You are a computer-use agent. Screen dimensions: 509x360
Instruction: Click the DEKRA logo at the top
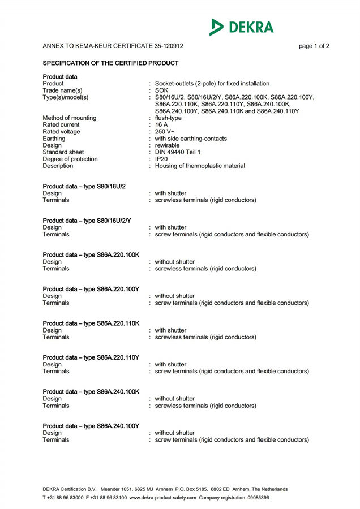click(242, 27)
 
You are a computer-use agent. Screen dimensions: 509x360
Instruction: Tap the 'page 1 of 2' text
click(314, 46)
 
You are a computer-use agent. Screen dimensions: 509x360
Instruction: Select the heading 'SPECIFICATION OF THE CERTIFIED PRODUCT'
click(111, 63)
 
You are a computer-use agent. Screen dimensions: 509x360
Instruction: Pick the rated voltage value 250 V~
click(165, 132)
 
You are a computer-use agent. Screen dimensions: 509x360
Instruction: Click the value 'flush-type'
click(168, 118)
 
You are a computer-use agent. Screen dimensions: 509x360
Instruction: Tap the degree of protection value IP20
click(161, 159)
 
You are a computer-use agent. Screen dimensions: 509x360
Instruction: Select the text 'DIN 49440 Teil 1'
click(177, 152)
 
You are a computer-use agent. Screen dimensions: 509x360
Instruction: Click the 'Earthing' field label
click(54, 139)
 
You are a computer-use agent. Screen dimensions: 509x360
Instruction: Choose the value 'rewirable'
click(168, 145)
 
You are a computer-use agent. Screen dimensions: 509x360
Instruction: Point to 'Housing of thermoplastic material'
click(200, 166)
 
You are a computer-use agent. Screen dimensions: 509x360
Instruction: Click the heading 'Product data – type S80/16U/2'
click(84, 187)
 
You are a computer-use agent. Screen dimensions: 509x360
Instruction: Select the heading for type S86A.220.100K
click(91, 255)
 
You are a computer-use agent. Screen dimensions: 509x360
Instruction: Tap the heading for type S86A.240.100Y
click(91, 426)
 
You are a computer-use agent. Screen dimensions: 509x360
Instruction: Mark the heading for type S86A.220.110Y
click(91, 357)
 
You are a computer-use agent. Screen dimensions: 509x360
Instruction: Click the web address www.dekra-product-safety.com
click(163, 498)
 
